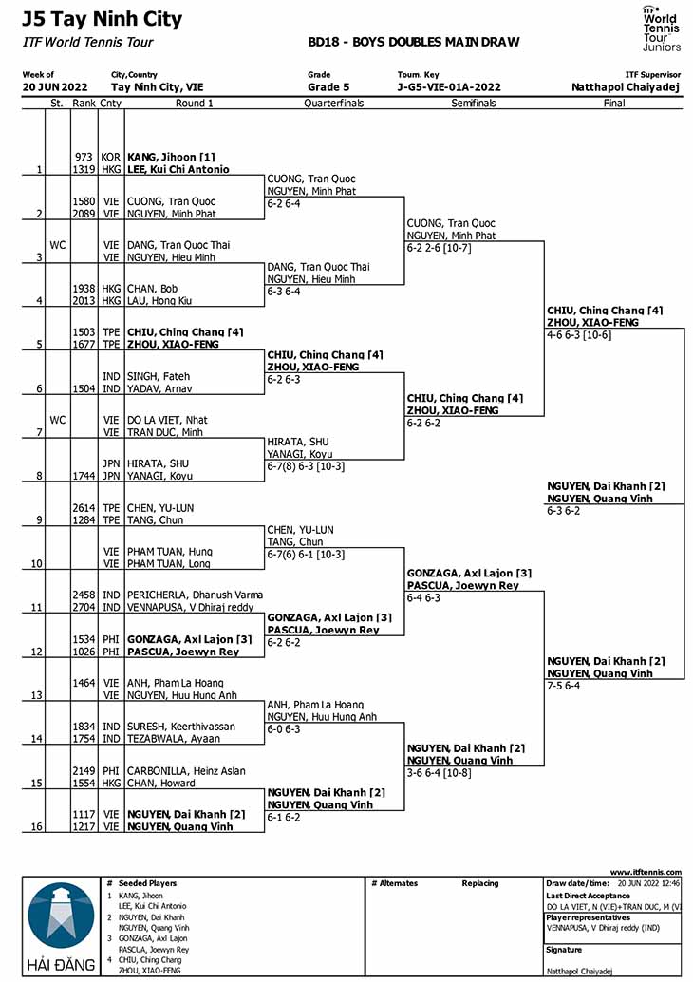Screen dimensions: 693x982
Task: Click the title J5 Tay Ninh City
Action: click(x=102, y=19)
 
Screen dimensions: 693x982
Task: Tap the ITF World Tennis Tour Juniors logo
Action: click(x=661, y=28)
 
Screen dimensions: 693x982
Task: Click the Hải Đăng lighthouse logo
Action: click(x=61, y=926)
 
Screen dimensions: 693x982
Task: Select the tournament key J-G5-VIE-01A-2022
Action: click(x=449, y=87)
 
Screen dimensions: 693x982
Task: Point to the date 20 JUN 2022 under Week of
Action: click(x=55, y=87)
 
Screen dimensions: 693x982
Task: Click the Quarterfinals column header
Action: click(x=333, y=104)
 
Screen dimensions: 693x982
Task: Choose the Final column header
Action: click(x=614, y=104)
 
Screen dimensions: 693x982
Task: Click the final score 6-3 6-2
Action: click(x=563, y=511)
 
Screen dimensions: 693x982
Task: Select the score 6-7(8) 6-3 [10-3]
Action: click(x=306, y=466)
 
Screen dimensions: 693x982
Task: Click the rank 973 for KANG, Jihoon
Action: click(x=84, y=158)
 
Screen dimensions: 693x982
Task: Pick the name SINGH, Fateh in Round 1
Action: click(x=159, y=376)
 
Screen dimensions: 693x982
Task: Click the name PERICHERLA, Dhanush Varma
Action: click(x=195, y=595)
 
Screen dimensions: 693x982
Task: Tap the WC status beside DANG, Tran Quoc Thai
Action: click(x=58, y=245)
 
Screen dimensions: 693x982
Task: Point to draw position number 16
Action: click(x=37, y=826)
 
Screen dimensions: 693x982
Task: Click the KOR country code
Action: click(x=111, y=158)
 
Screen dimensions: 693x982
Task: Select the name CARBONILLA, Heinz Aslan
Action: click(x=186, y=771)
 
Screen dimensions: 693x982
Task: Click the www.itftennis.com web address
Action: click(x=646, y=872)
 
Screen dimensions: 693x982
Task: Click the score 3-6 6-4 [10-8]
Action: click(x=439, y=773)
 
